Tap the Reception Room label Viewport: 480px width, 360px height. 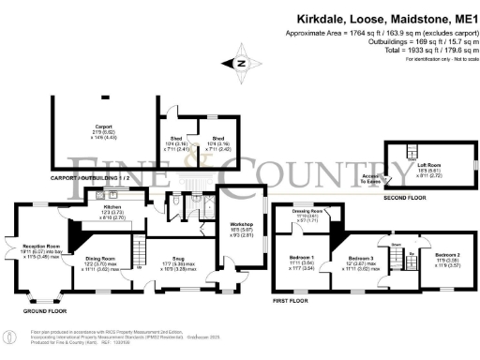[41, 247]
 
